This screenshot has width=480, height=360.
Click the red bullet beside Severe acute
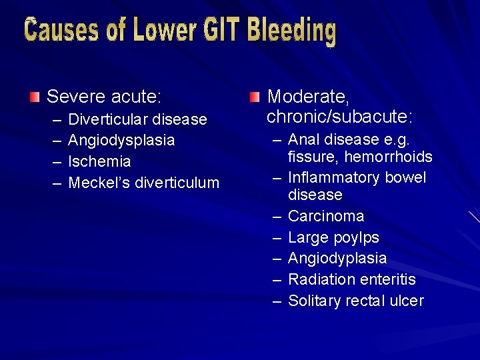coord(35,97)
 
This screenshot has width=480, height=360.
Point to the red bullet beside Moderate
coord(255,98)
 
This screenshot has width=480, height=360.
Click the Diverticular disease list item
coord(138,119)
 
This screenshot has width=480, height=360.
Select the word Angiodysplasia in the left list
coord(122,141)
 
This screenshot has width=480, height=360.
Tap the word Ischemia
coord(100,162)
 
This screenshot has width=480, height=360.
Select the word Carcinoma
coord(326,216)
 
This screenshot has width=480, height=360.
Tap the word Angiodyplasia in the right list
coord(337,259)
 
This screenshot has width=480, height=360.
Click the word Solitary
coord(315,301)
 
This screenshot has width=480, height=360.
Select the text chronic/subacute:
coord(339,117)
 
